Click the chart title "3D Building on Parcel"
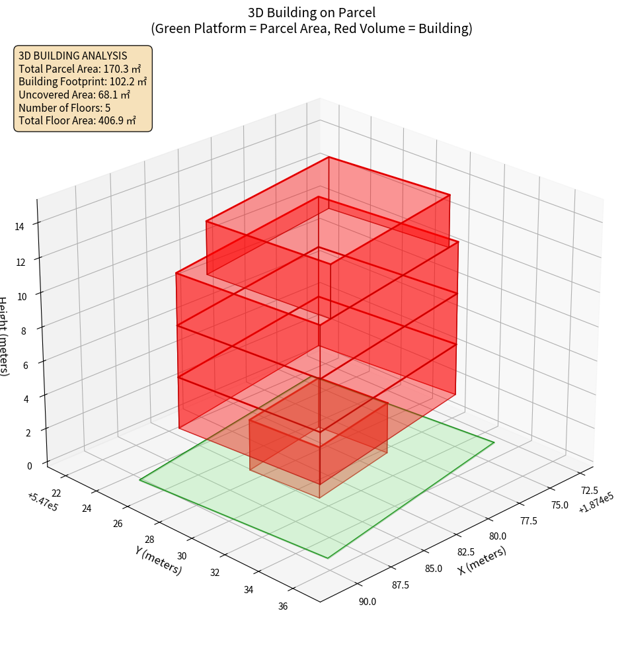click(311, 13)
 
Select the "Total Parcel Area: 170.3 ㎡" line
click(79, 69)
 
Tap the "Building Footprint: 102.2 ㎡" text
click(83, 82)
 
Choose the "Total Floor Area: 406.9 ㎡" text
click(77, 120)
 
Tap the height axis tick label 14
click(20, 227)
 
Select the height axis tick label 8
click(24, 329)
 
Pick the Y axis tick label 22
click(56, 493)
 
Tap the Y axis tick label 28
click(149, 540)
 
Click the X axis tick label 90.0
click(367, 601)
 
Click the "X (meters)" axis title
click(483, 560)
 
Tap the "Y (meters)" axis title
click(159, 559)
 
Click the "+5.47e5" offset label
click(42, 503)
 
